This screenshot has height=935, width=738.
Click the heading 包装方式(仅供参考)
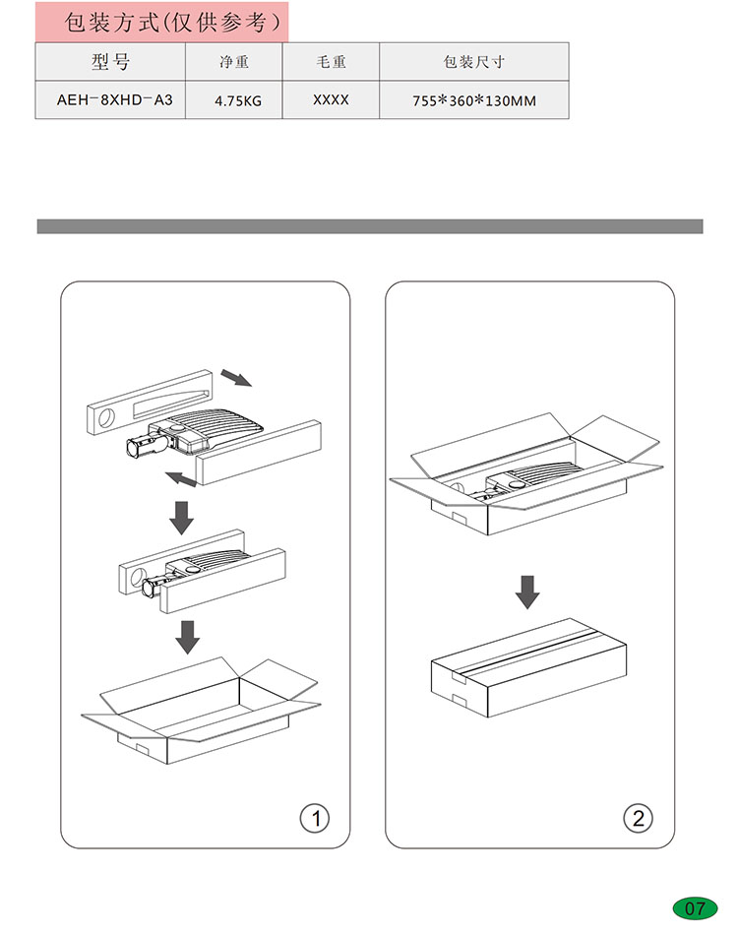172,22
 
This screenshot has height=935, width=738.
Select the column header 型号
110,61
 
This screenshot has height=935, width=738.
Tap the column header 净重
233,61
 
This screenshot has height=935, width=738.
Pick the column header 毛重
331,61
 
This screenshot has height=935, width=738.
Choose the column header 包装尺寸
474,61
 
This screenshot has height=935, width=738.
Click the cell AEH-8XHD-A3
114,99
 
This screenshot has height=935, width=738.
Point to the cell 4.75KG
238,100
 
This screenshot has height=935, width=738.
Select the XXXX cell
331,99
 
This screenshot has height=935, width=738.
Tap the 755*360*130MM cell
474,100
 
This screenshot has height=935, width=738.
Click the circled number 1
315,818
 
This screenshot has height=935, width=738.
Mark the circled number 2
638,818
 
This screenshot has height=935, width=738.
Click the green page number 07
695,908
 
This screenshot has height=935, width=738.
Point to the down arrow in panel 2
527,592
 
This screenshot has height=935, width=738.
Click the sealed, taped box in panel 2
528,668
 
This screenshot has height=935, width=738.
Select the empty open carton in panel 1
201,711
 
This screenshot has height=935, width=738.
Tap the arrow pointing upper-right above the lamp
237,378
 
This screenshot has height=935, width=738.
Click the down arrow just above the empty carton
188,637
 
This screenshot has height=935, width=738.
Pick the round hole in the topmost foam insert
106,417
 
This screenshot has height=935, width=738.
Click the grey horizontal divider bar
370,226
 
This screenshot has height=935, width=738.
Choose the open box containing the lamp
525,474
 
